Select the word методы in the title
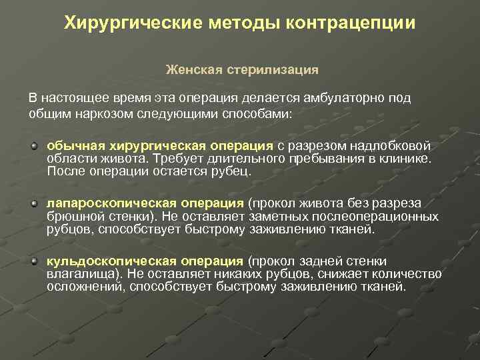point(243,24)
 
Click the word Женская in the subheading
point(189,69)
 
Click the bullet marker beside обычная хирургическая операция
point(33,145)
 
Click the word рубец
point(233,172)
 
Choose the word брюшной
point(70,217)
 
